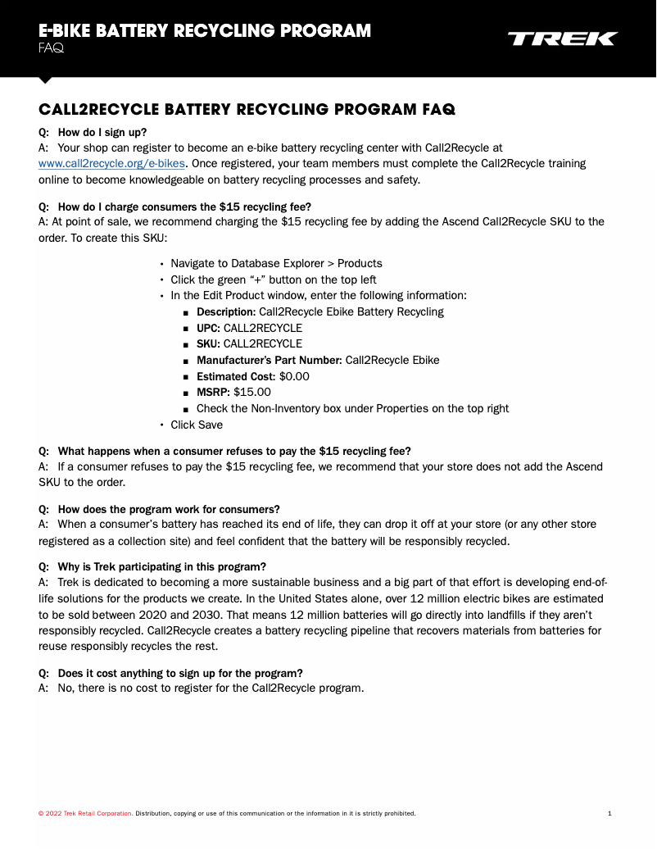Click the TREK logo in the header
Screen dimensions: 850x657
[x=562, y=39]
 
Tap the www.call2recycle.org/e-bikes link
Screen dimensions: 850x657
[x=111, y=163]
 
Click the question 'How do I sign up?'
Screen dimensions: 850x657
[x=102, y=132]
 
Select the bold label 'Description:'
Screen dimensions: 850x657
[x=226, y=311]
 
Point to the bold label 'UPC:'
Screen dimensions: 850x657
[x=208, y=328]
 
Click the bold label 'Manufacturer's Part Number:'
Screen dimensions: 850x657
[x=269, y=360]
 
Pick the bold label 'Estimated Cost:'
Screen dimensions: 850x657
[x=236, y=376]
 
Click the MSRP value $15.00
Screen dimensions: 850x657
[x=251, y=392]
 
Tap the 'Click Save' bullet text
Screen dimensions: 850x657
[x=197, y=425]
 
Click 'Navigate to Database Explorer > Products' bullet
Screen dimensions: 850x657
[x=276, y=263]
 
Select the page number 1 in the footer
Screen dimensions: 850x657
[x=609, y=813]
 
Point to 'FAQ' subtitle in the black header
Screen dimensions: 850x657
[x=51, y=48]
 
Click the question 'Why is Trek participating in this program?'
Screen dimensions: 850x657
[x=162, y=567]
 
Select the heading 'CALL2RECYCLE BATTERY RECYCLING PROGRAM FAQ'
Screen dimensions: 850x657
[x=247, y=109]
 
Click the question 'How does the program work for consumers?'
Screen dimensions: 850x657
[x=169, y=509]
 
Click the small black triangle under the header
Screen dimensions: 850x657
[x=45, y=80]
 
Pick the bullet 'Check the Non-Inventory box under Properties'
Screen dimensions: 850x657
[x=352, y=408]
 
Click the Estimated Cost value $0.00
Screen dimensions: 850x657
[x=294, y=376]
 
